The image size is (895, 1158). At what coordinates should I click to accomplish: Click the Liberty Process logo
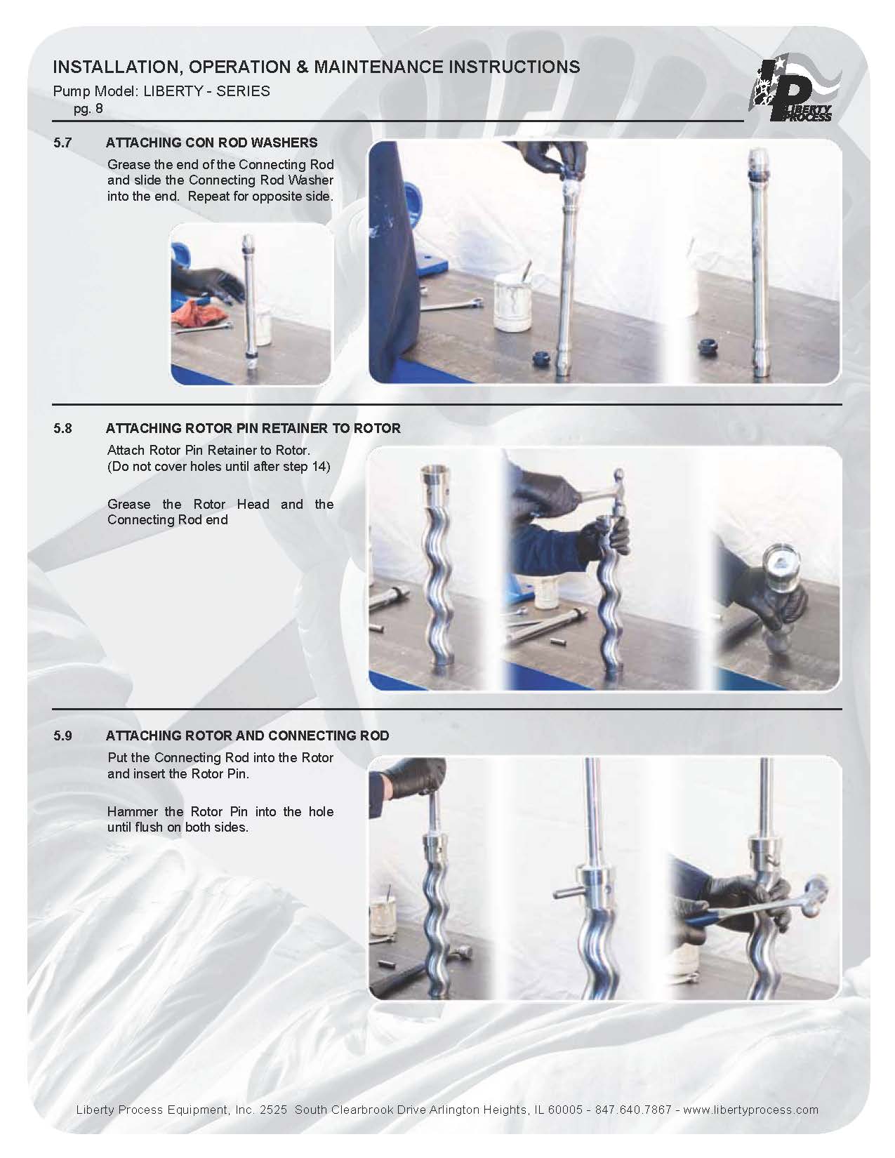(794, 90)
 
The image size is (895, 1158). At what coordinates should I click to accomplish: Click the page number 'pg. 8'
(88, 109)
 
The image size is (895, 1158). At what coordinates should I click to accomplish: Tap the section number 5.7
(62, 142)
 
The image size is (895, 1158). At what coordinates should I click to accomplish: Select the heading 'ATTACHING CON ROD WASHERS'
(211, 142)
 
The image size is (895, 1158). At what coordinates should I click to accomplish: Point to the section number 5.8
(62, 428)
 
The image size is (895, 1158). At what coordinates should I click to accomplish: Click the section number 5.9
(62, 736)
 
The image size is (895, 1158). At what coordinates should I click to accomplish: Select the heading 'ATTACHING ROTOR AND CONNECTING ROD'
(247, 736)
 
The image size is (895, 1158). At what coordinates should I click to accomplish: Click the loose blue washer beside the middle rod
(543, 357)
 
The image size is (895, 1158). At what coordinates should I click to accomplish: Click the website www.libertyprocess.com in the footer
(750, 1110)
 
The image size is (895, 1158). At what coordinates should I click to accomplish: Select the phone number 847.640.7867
(632, 1110)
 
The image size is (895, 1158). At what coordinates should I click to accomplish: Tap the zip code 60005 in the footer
(565, 1110)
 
